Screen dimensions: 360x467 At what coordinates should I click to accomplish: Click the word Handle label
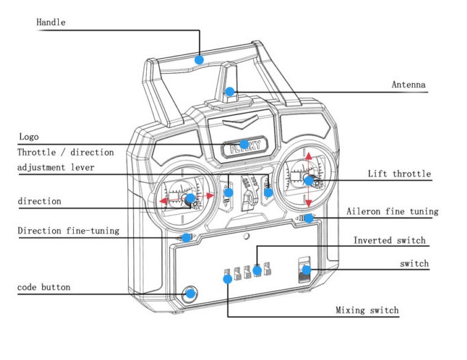tap(51, 23)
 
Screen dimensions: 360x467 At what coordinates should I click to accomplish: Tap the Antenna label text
tap(409, 85)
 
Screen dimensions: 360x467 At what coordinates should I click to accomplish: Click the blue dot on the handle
tap(199, 60)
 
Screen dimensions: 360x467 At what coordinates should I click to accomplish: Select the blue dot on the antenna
tap(230, 91)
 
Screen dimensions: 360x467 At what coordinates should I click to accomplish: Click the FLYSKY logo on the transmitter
tap(244, 145)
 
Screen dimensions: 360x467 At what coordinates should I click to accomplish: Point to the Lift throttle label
tap(399, 174)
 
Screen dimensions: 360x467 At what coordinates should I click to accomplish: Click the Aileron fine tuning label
tap(393, 211)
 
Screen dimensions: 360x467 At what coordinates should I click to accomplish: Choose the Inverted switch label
tap(390, 241)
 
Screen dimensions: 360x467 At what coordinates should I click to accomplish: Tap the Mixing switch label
tap(368, 311)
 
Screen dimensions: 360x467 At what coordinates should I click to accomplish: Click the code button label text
tap(44, 288)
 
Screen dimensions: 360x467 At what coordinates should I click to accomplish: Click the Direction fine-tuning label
tap(68, 231)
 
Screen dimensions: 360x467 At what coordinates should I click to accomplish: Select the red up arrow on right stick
tap(308, 158)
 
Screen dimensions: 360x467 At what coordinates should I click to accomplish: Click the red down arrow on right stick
tap(308, 202)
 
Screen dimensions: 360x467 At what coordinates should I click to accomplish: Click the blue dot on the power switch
tap(306, 270)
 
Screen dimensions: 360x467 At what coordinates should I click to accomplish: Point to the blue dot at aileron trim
tap(308, 218)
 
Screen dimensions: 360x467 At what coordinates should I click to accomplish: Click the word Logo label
tap(29, 136)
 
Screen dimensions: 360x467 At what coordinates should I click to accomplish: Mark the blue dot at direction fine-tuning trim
tap(186, 238)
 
